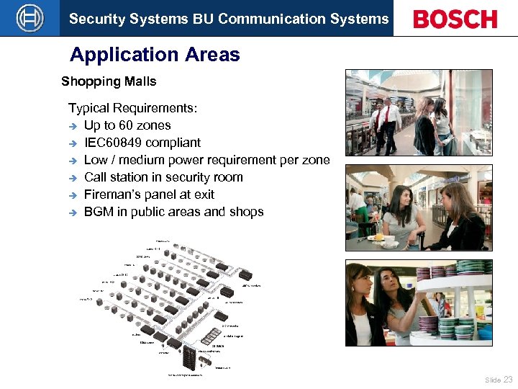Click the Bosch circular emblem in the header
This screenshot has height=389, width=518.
coord(29,18)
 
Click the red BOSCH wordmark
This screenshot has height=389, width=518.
coord(455,19)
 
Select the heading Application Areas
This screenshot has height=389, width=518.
coord(155,55)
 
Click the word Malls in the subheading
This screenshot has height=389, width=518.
coord(140,81)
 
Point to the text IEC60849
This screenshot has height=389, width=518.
coord(116,143)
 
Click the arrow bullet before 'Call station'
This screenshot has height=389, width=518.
coord(73,178)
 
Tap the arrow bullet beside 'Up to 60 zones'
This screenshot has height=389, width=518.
coord(73,126)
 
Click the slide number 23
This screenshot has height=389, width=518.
coord(508,379)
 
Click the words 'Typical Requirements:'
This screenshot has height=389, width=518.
coord(132,108)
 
